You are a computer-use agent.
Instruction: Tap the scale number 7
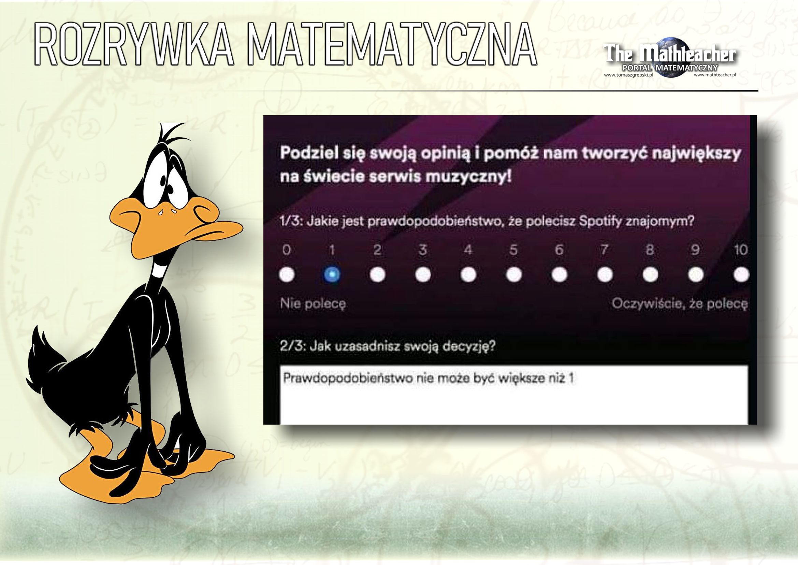point(605,250)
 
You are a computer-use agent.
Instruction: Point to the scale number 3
point(423,250)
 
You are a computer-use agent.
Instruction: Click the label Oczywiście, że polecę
point(680,304)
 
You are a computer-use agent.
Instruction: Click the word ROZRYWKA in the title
point(133,43)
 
